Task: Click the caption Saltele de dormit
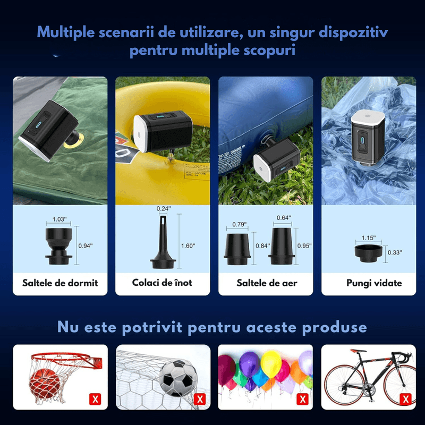coord(60,283)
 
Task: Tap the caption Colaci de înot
coord(162,283)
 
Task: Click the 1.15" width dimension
coord(367,238)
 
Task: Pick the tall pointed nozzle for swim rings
coord(163,244)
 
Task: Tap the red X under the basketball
coord(96,398)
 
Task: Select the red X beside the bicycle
coord(405,398)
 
